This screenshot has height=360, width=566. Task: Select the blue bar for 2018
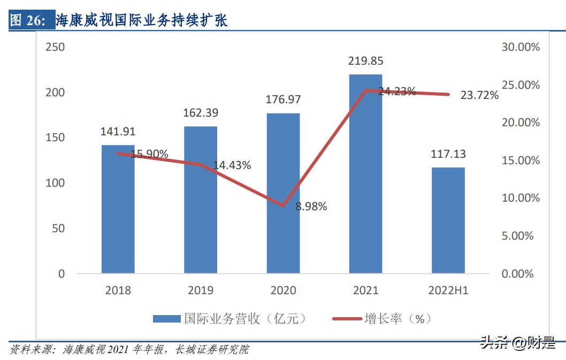[x=118, y=214]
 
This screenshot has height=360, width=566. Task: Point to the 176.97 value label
[x=283, y=99]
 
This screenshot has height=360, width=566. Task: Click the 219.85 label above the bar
[x=365, y=61]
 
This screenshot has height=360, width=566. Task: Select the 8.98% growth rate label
[x=311, y=206]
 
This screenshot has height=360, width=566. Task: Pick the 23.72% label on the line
[x=479, y=95]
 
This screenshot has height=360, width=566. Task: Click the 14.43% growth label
[x=232, y=165]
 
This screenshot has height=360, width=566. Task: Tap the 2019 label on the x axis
[x=201, y=290]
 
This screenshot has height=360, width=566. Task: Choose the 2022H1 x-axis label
[x=448, y=290]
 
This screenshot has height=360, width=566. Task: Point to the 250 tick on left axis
[x=54, y=47]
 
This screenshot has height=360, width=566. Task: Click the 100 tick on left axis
[x=54, y=183]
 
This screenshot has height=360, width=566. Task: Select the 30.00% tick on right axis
[x=520, y=47]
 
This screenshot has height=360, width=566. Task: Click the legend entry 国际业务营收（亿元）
[x=230, y=319]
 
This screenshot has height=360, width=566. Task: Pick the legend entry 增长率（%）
[x=382, y=319]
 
